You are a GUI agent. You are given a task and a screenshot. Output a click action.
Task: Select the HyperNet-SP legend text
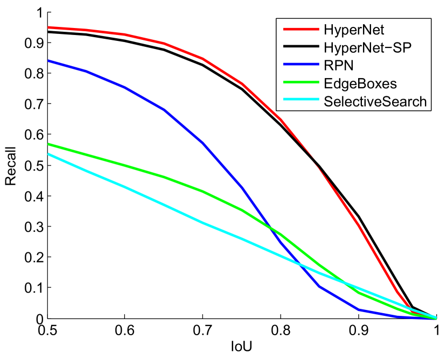[x=368, y=47]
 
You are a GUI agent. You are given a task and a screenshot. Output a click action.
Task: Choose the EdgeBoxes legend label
[x=360, y=83]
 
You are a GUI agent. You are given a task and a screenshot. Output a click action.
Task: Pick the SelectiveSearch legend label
[x=375, y=101]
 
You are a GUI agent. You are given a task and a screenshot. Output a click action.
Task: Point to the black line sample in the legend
[x=298, y=47]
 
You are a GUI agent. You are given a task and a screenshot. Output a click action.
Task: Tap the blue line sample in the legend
[x=298, y=66]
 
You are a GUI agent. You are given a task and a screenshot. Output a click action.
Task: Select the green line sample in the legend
[x=298, y=83]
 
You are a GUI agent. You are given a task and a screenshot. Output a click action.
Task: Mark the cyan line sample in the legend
[x=298, y=101]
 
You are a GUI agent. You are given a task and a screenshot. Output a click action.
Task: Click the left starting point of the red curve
[x=48, y=27]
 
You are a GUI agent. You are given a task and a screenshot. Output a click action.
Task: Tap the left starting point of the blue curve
[x=48, y=61]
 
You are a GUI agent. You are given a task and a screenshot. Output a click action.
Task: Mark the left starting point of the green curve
[x=48, y=144]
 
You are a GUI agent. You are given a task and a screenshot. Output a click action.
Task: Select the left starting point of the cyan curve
[x=48, y=154]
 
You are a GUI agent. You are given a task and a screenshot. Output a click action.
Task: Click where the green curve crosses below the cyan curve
[x=345, y=282]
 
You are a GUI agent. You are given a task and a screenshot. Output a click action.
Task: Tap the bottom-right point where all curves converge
[x=435, y=318]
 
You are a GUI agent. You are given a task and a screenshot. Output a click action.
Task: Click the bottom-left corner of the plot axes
[x=48, y=319]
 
